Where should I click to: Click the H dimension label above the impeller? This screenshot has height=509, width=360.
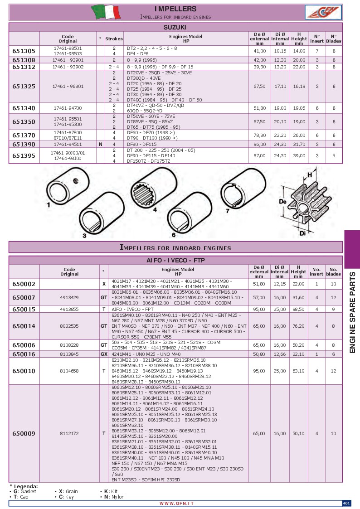point(310,174)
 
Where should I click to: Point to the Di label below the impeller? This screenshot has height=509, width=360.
point(302,233)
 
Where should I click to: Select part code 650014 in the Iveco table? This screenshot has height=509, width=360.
point(24,325)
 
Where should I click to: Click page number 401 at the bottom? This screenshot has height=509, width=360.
point(346,503)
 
